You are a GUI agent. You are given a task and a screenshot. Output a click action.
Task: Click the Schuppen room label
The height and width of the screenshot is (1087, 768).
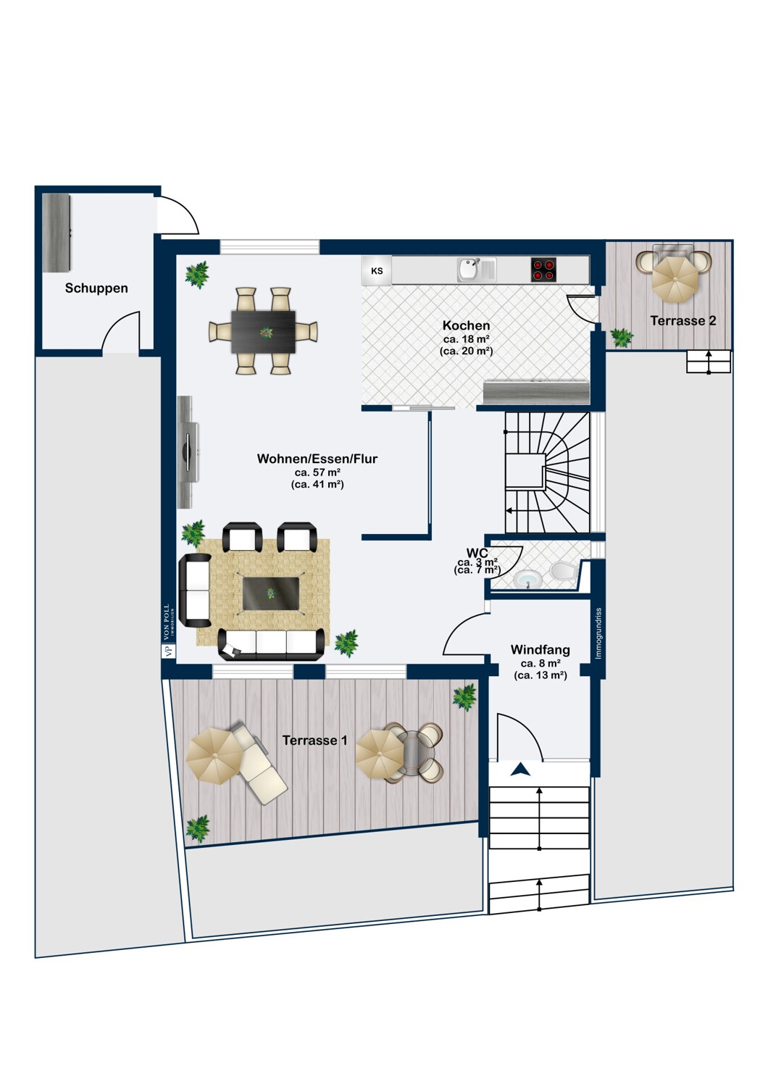point(96,288)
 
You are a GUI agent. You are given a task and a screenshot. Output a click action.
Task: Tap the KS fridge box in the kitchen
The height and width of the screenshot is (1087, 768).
point(377,271)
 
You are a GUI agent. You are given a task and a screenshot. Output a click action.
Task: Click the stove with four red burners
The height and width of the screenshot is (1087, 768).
point(543,270)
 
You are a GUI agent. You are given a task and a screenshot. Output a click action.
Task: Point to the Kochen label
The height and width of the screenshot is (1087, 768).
point(466,325)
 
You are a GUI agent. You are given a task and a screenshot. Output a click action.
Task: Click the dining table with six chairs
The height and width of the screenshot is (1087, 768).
point(263,331)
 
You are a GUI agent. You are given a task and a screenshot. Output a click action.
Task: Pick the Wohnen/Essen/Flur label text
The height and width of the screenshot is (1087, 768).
point(317,459)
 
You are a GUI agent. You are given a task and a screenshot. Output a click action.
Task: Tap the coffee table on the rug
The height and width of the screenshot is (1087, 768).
point(270,594)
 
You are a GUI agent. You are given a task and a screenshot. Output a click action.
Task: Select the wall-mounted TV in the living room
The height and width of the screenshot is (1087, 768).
point(188,452)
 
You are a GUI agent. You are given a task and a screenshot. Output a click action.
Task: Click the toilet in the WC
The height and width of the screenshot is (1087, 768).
point(562,571)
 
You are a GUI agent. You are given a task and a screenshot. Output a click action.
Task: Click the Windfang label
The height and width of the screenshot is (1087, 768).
point(540,650)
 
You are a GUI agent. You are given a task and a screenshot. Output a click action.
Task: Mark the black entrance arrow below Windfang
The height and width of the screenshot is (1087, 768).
point(520,770)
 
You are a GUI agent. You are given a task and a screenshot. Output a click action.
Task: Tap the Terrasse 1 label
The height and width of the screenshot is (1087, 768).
point(314,740)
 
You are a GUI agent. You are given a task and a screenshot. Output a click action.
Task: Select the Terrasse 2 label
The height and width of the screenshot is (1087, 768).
point(683,320)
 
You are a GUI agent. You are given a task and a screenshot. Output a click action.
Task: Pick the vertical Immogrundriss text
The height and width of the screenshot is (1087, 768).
point(598,633)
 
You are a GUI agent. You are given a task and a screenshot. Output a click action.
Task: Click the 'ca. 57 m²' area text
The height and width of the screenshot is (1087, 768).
point(317,472)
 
